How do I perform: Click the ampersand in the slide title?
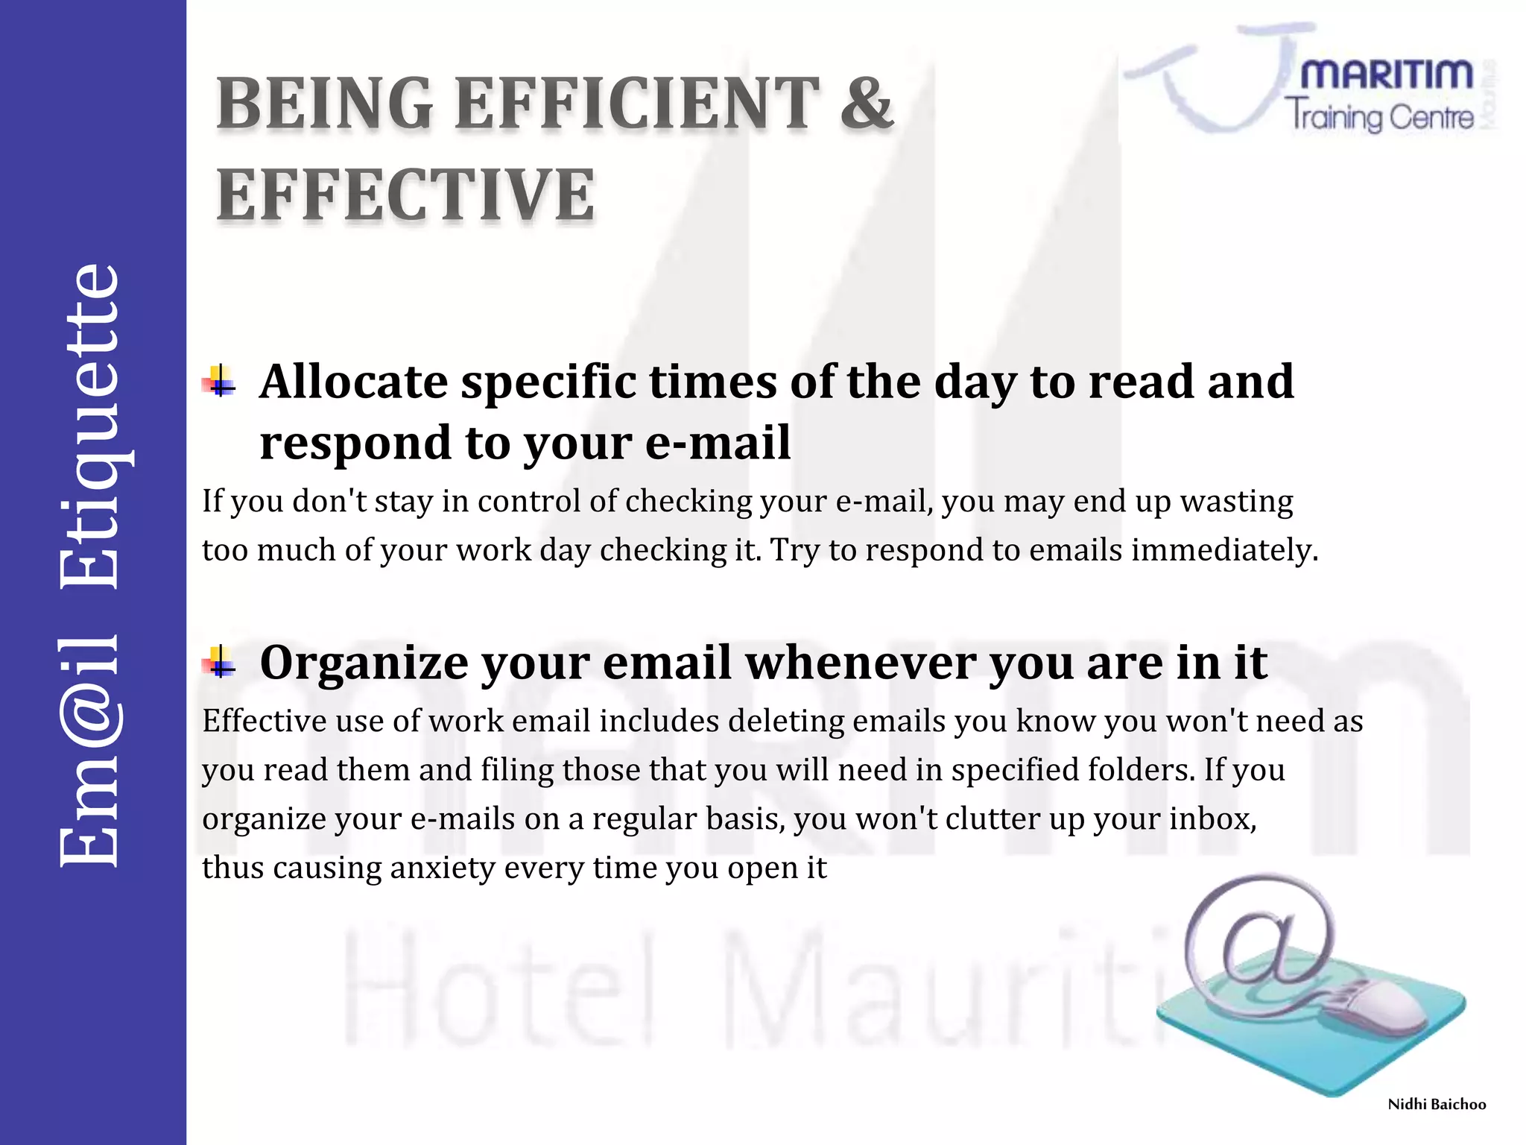click(867, 104)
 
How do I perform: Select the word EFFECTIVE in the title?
click(406, 195)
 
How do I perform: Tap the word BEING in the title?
click(325, 104)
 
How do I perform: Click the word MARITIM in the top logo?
click(1387, 75)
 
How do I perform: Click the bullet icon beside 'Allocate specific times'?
click(219, 382)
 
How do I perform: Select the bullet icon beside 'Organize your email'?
click(219, 661)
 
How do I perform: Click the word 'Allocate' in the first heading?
click(353, 382)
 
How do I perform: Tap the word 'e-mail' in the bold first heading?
click(718, 443)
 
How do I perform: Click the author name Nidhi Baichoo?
click(1436, 1104)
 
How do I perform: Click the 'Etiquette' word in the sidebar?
click(90, 426)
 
